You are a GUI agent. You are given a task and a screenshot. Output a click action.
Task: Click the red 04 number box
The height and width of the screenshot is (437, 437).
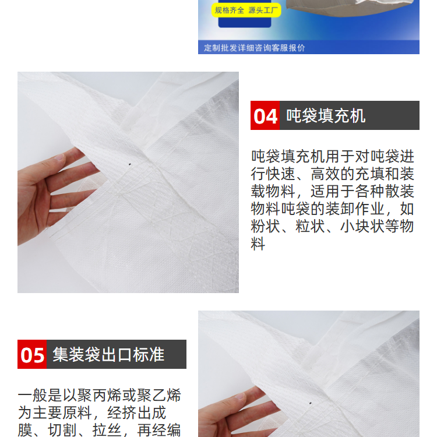tap(265, 115)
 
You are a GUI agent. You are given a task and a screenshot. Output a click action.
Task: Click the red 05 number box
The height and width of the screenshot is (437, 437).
tap(32, 354)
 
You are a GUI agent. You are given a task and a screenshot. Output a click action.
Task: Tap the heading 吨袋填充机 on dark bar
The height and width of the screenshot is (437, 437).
tap(326, 116)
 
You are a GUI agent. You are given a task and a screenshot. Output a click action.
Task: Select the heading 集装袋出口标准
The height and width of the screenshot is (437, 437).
tap(108, 354)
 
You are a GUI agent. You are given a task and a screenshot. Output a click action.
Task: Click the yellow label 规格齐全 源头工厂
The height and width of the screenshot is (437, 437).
tap(246, 10)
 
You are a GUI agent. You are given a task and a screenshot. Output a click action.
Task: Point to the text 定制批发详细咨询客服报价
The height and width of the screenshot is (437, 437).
tap(255, 48)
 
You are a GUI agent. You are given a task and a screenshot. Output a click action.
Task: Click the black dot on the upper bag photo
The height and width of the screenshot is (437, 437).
tap(129, 164)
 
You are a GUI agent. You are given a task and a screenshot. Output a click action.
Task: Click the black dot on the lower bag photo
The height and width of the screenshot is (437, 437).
tap(311, 403)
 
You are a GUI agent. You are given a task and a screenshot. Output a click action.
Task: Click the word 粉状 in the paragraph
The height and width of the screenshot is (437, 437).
tap(265, 226)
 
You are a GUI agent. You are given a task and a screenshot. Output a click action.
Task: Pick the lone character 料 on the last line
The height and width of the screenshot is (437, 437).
tap(258, 244)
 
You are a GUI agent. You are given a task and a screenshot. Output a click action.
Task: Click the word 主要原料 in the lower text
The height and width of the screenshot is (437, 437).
tap(62, 413)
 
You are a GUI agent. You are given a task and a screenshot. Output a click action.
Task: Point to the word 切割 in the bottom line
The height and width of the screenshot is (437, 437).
tap(62, 431)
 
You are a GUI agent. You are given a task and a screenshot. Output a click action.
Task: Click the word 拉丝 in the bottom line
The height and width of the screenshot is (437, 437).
tap(107, 431)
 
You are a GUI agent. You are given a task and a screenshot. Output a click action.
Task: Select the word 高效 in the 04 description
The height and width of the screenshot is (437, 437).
tap(325, 174)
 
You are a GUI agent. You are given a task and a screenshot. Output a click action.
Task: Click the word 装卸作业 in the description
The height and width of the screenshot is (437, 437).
tap(355, 209)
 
